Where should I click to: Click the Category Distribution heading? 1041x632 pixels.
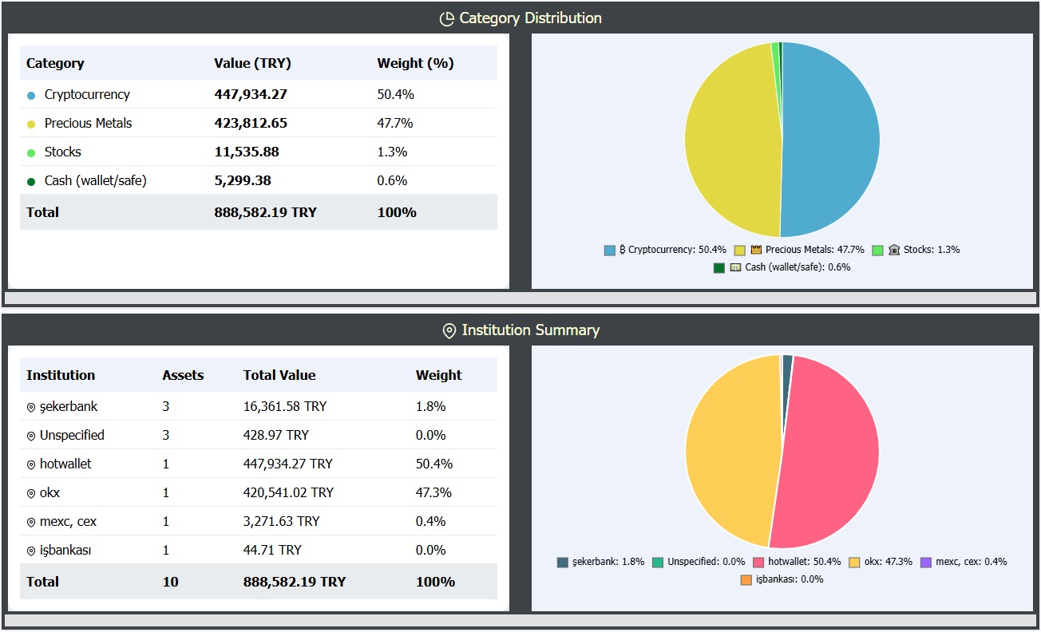pos(530,18)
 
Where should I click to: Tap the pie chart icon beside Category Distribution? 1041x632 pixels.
pos(447,18)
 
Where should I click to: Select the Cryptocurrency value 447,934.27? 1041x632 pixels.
pos(251,94)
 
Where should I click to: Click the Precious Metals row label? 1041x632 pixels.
pos(88,123)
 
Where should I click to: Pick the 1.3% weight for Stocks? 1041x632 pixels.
pos(392,152)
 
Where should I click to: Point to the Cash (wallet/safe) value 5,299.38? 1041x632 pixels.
pos(243,180)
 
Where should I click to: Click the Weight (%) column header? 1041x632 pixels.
pos(415,63)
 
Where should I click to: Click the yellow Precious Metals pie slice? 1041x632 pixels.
pos(730,140)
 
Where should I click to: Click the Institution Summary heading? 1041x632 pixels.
pos(530,330)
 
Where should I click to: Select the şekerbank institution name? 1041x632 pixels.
pos(69,406)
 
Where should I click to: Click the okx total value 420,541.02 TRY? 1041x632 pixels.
pos(287,492)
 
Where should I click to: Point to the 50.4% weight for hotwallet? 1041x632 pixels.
pos(434,464)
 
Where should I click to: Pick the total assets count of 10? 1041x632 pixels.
pos(170,582)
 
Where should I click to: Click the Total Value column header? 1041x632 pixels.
pos(279,375)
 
